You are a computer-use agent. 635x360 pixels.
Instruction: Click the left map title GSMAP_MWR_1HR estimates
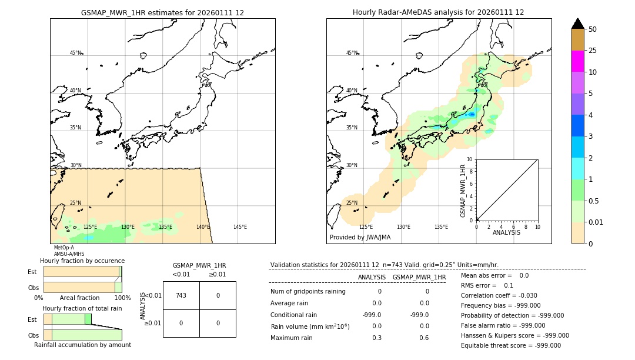[162, 12]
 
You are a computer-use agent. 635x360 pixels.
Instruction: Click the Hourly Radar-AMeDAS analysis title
[438, 12]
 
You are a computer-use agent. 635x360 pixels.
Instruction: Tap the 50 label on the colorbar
[593, 29]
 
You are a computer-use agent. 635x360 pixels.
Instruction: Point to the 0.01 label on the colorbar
[596, 222]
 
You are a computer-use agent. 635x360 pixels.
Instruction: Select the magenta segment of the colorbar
[577, 61]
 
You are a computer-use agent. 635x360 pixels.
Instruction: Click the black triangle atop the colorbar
[577, 24]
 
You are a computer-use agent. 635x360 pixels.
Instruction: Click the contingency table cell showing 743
[181, 295]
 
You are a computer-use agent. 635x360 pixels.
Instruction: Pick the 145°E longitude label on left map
[240, 227]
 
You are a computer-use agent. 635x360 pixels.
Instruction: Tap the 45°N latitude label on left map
[76, 53]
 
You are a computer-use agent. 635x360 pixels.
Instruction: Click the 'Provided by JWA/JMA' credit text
[360, 238]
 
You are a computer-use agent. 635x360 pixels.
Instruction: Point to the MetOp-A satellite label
[63, 248]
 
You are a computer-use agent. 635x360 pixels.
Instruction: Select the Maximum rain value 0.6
[424, 338]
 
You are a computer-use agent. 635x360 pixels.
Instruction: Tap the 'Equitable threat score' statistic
[510, 345]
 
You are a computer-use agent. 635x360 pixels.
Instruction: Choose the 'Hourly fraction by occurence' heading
[82, 261]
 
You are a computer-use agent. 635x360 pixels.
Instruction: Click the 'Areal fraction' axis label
[80, 298]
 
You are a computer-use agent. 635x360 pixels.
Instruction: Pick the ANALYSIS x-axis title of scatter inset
[507, 232]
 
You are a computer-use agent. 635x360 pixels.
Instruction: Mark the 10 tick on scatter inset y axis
[470, 159]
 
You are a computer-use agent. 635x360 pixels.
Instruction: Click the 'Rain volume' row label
[310, 326]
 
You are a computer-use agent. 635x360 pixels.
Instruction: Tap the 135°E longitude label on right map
[441, 227]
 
